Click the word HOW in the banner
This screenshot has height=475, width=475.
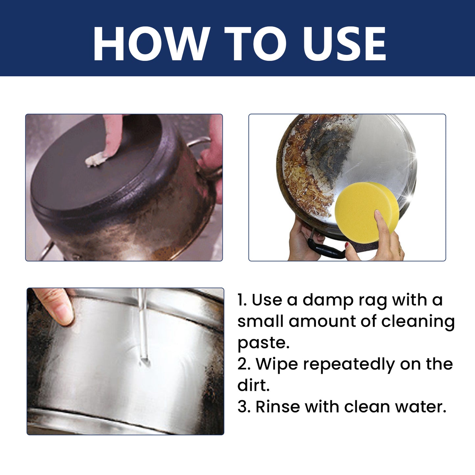click(x=151, y=44)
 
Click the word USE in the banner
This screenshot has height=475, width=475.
click(x=344, y=44)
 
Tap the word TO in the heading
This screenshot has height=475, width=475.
click(x=255, y=44)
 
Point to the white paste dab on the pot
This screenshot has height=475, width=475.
click(x=95, y=160)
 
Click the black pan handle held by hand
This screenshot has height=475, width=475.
click(x=325, y=250)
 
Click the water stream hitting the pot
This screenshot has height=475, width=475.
click(x=142, y=329)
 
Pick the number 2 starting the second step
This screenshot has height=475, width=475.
click(x=243, y=364)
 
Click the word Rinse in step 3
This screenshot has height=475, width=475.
click(x=277, y=407)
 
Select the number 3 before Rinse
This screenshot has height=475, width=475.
click(x=243, y=407)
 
